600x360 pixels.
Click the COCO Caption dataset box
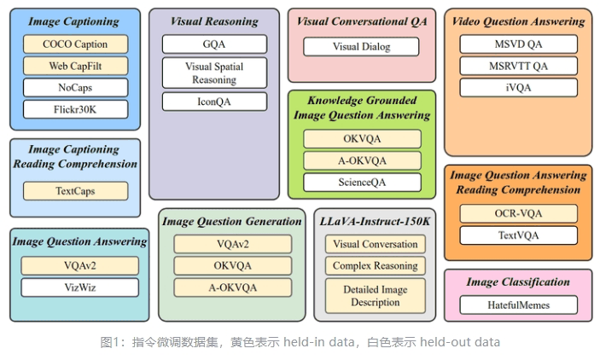click(x=75, y=44)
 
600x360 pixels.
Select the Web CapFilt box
click(x=75, y=66)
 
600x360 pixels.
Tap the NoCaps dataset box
click(x=75, y=88)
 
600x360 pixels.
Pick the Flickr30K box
click(x=75, y=109)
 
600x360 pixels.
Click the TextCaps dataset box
click(x=75, y=191)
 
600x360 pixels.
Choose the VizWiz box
click(x=80, y=287)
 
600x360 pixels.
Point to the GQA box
click(x=214, y=44)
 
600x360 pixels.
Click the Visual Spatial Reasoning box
click(x=214, y=73)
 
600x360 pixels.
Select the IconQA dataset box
click(x=214, y=102)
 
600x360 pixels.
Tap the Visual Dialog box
click(x=361, y=47)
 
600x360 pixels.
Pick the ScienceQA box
click(x=362, y=183)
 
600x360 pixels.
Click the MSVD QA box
click(x=519, y=44)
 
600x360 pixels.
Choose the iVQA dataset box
click(x=519, y=88)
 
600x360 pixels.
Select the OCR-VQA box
click(x=519, y=213)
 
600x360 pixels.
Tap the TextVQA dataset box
click(x=519, y=235)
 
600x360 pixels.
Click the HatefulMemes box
click(x=519, y=305)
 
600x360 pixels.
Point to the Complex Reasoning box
click(x=376, y=265)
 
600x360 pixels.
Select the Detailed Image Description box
click(x=376, y=296)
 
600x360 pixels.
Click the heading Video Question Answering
click(x=519, y=21)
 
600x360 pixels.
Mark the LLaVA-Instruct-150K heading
click(x=375, y=222)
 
